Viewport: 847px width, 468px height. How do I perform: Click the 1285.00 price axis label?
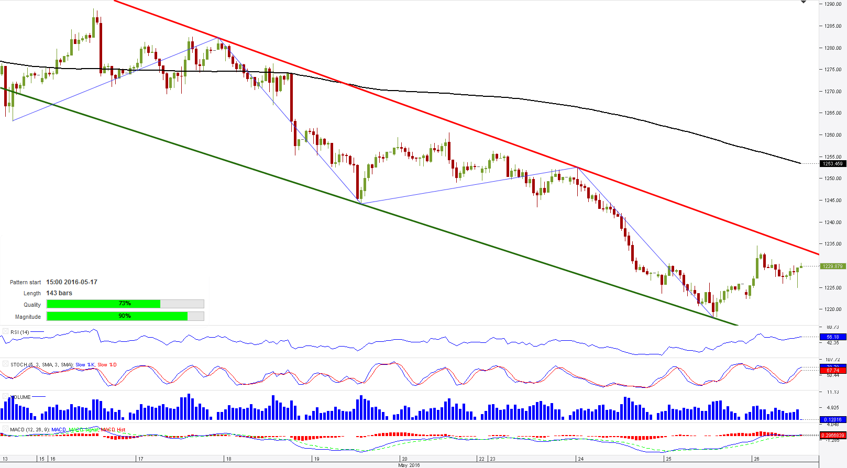(x=832, y=26)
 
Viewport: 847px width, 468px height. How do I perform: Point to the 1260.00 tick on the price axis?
(x=832, y=135)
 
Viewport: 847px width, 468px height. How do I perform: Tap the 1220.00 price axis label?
(x=832, y=309)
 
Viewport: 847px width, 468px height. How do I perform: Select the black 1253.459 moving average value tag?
(x=832, y=164)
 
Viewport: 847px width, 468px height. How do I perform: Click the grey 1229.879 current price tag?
(x=832, y=266)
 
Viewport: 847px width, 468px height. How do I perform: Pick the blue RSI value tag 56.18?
(x=832, y=337)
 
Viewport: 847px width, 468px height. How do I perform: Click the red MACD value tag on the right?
(x=832, y=436)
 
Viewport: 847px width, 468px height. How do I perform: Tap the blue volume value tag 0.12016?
(x=832, y=420)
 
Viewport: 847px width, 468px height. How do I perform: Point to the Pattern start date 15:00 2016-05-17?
(x=72, y=282)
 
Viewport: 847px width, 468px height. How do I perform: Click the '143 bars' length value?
(x=59, y=293)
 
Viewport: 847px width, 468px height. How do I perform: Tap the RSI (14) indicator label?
(x=20, y=332)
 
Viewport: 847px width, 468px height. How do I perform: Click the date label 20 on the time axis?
(x=404, y=459)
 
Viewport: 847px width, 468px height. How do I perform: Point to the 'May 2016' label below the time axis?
(x=409, y=465)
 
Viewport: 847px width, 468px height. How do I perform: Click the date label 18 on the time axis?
(x=228, y=459)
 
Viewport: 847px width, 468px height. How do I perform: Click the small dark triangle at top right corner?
(x=804, y=3)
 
